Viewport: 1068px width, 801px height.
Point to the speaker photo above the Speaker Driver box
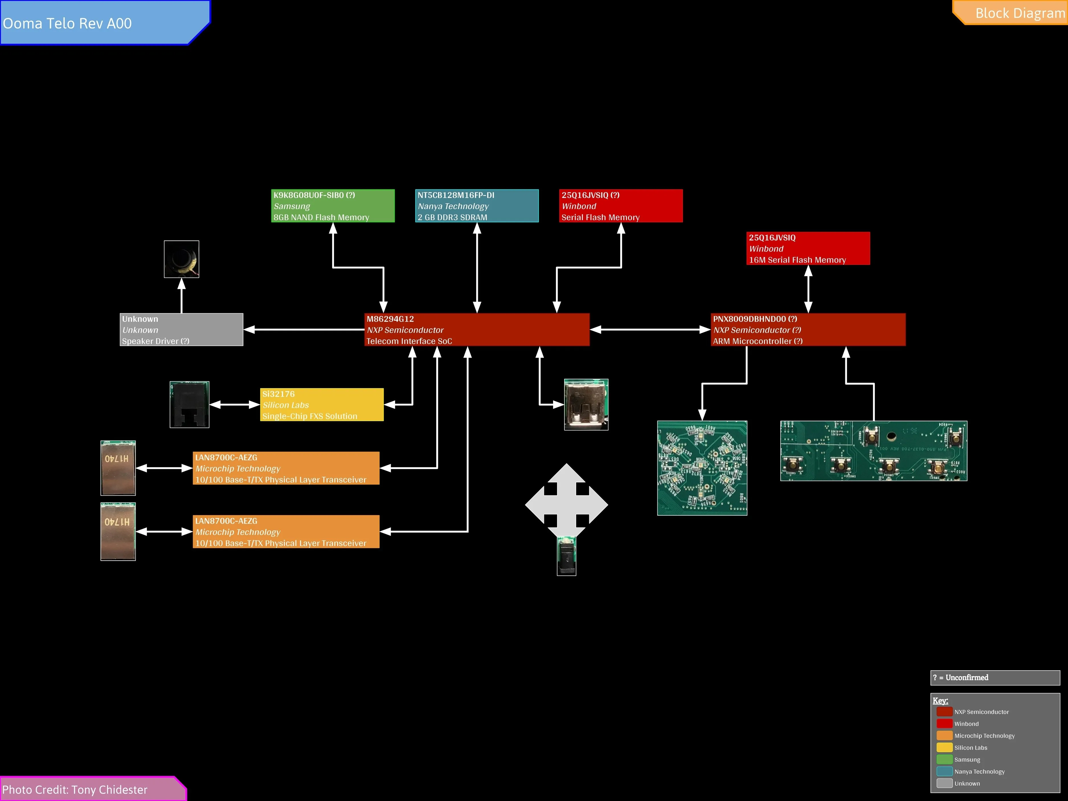tap(181, 259)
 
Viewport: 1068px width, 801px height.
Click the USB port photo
tap(586, 405)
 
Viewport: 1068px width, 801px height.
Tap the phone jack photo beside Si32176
tap(189, 405)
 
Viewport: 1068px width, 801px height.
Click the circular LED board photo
tap(702, 468)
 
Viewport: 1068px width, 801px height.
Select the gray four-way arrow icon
tap(566, 505)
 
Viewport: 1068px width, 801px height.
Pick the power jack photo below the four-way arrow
tap(566, 558)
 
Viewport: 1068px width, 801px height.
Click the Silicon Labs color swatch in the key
tap(944, 747)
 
